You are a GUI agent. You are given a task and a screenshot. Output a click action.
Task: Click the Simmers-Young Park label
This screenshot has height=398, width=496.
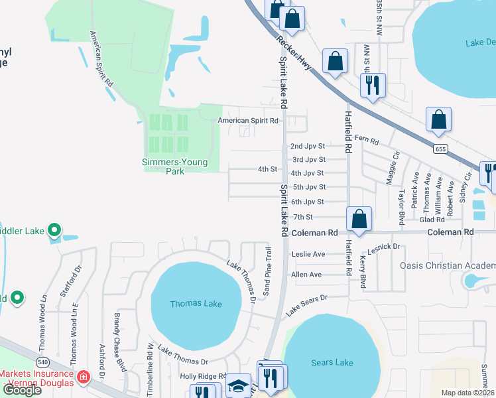176,166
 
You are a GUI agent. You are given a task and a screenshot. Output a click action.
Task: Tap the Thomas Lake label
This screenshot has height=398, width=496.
196,304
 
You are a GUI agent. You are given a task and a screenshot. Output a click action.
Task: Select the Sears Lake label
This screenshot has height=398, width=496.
332,362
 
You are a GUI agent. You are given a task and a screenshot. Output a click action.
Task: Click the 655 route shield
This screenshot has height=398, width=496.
440,149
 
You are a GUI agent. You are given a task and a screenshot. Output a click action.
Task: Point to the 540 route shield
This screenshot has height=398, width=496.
43,362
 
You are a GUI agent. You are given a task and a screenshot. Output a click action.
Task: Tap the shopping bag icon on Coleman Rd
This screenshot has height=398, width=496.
359,219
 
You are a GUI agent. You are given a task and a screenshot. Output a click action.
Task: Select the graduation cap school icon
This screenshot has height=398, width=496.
237,387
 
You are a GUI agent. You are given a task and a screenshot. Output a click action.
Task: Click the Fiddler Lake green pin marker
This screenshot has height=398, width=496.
55,231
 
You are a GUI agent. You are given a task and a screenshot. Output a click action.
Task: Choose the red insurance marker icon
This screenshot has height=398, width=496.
83,377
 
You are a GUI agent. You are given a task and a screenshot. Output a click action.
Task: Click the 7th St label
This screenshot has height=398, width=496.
303,217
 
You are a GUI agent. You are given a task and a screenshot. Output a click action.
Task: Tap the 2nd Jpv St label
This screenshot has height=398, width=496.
308,146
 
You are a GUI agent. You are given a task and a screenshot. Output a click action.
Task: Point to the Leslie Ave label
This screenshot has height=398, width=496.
308,254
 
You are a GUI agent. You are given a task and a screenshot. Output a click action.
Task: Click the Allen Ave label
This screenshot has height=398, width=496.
306,275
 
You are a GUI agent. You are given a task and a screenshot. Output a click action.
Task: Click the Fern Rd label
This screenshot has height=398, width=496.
366,141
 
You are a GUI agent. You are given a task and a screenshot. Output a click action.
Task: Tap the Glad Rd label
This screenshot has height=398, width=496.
432,220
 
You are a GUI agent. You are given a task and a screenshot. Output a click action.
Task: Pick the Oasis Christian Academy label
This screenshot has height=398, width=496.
447,266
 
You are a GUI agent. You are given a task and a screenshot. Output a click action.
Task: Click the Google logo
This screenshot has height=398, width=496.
23,390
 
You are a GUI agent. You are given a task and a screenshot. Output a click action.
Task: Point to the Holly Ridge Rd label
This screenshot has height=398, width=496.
204,376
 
